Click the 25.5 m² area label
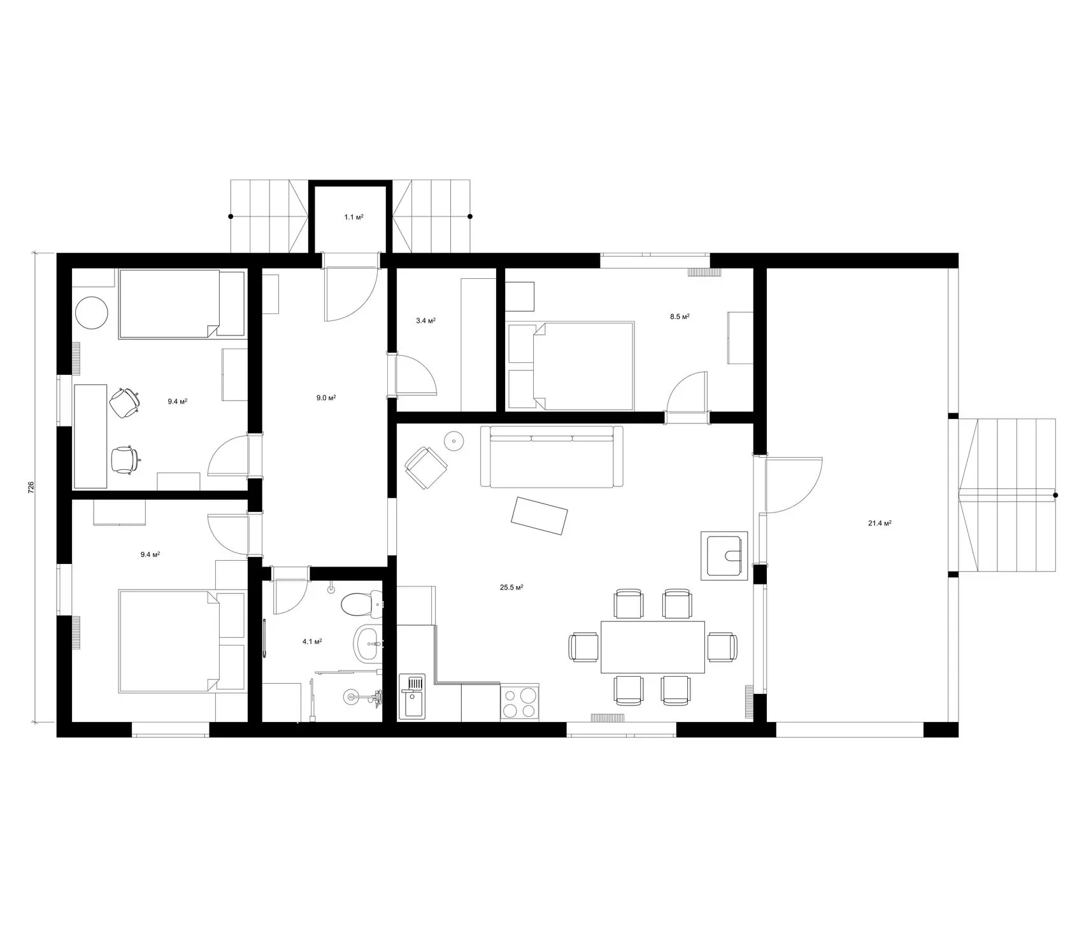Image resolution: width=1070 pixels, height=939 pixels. click(x=511, y=588)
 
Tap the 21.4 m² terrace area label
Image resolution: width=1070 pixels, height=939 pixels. click(x=879, y=523)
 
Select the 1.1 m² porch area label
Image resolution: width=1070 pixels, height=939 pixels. click(x=353, y=217)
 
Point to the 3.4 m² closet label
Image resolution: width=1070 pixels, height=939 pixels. click(x=425, y=321)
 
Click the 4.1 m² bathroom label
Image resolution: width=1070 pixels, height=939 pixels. click(x=311, y=642)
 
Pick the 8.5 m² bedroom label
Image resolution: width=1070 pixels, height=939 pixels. click(x=680, y=316)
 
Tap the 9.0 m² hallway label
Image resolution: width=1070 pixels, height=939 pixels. click(x=326, y=398)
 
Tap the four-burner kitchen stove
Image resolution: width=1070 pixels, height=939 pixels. click(x=520, y=703)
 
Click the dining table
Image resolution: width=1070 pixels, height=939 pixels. click(x=653, y=647)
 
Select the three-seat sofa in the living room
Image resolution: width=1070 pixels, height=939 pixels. click(x=552, y=456)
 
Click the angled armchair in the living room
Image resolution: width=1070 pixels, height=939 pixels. click(x=427, y=467)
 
